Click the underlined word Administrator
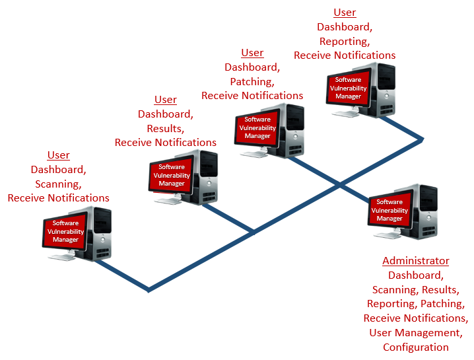tap(416, 261)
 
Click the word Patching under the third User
tap(252, 81)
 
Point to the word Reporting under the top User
tap(344, 41)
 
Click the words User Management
tap(415, 333)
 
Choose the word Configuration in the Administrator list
tap(416, 347)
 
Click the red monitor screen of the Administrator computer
tap(389, 210)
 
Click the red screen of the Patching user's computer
tap(257, 128)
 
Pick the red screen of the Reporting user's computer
tap(349, 89)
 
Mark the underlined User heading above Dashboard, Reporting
tap(345, 13)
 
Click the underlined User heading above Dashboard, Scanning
tap(59, 155)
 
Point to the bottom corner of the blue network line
tap(149, 289)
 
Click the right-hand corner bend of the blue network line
tap(422, 139)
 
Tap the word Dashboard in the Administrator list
tap(416, 275)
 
